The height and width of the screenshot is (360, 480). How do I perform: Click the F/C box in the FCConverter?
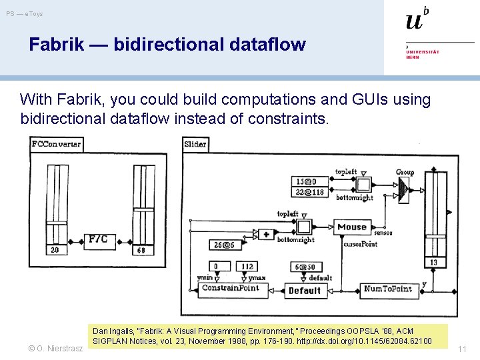point(97,239)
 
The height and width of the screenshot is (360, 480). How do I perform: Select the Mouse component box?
point(352,227)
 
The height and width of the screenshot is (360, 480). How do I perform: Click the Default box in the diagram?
point(305,290)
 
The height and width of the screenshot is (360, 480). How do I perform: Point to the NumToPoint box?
point(387,289)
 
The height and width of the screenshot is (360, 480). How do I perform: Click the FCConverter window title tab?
point(56,143)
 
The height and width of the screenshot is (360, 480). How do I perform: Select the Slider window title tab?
point(195,143)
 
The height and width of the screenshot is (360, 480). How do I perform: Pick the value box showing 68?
point(141,250)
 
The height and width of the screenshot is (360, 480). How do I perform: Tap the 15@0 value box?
point(307,181)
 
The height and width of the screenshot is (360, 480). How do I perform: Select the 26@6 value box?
point(223,245)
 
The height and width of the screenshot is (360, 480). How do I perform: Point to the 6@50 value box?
point(306,267)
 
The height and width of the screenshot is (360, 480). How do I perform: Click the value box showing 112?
point(247,267)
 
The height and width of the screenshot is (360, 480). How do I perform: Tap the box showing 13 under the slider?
point(434,262)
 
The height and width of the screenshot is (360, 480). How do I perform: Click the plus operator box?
point(266,235)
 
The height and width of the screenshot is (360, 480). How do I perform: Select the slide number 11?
point(462,349)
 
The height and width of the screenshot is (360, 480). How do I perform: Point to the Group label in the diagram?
point(405,172)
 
